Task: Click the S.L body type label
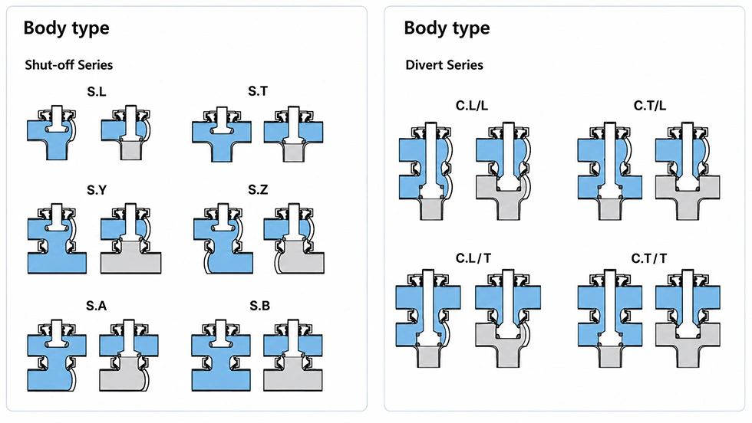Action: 97,91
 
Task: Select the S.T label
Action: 258,91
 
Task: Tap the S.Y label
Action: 97,190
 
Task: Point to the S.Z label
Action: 258,190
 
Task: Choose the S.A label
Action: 97,306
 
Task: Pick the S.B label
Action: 259,306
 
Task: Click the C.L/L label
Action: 471,106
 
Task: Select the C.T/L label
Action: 650,106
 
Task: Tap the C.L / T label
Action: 473,258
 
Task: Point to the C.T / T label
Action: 649,258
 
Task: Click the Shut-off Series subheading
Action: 68,64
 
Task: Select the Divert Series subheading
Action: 444,64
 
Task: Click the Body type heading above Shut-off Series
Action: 66,28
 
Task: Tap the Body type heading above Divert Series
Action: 447,28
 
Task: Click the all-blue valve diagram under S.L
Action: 51,133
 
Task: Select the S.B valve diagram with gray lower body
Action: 293,356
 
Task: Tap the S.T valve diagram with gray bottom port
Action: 293,134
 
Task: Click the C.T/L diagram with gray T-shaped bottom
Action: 688,171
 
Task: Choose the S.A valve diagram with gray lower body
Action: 129,356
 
